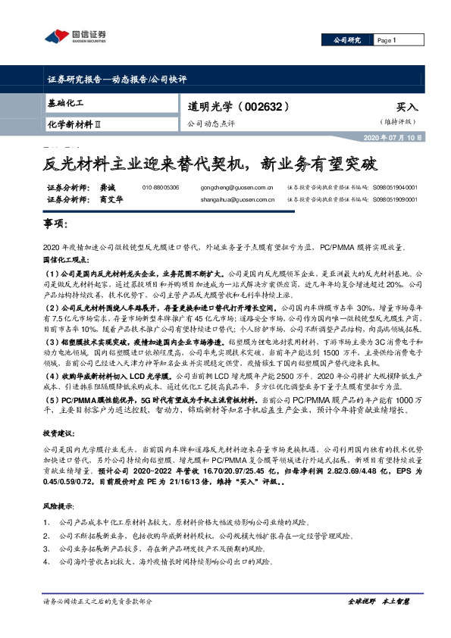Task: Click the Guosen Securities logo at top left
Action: click(x=74, y=35)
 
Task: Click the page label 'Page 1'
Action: click(x=387, y=40)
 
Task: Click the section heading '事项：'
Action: click(x=55, y=226)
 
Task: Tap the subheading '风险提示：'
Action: click(x=59, y=505)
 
